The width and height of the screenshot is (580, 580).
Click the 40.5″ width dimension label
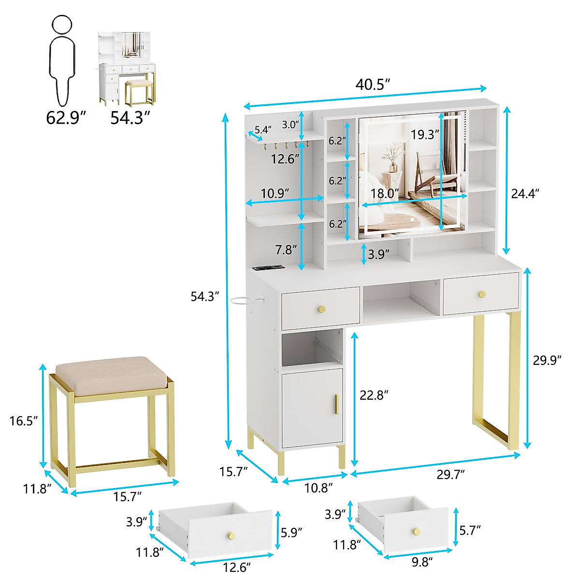point(372,84)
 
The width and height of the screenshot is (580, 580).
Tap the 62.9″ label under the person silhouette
point(66,117)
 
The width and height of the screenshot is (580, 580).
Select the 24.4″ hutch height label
point(525,193)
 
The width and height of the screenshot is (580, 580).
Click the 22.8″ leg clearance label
point(374,395)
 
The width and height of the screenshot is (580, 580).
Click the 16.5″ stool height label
point(24,420)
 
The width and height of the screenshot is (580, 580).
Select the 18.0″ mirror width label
point(385,193)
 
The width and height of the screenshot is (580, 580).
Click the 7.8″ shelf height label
point(285,250)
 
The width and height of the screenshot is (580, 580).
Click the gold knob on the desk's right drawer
point(481,294)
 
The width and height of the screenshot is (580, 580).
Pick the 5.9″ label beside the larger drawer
point(292,532)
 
